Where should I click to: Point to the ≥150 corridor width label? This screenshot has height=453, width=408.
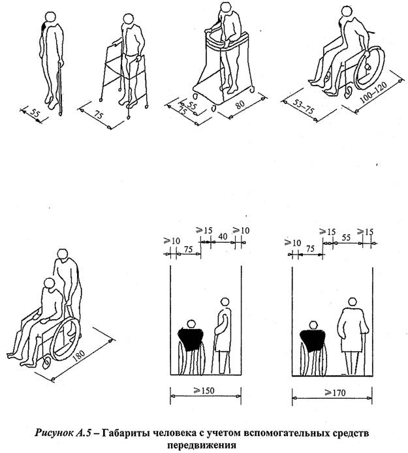click(x=205, y=390)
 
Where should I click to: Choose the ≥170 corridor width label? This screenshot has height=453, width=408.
click(x=335, y=392)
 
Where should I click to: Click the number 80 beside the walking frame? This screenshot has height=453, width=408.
click(x=240, y=106)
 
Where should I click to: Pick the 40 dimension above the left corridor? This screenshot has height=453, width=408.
click(x=223, y=236)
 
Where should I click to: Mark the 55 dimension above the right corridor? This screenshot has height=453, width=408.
click(x=346, y=238)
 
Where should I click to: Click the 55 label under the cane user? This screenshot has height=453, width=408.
click(x=34, y=113)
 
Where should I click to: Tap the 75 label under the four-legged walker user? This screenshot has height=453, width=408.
click(x=99, y=115)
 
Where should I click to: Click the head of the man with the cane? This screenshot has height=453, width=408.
click(x=51, y=17)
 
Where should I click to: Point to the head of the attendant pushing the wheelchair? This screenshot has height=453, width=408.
click(x=62, y=255)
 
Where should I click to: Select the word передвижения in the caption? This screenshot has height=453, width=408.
click(x=202, y=445)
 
